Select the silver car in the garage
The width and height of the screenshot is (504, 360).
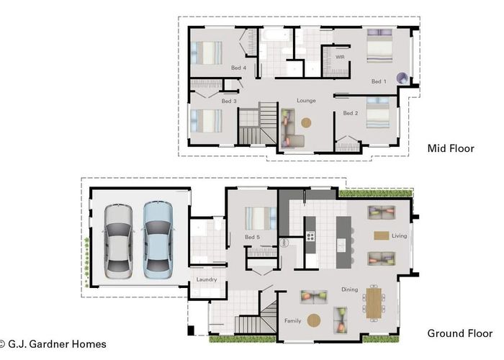point(119,240)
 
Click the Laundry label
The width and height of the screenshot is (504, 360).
point(207,279)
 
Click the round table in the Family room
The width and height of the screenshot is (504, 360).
point(315,320)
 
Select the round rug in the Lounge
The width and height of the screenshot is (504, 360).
point(307,122)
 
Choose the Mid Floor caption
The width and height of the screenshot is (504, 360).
point(451,148)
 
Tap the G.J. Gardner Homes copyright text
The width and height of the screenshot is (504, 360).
point(53,344)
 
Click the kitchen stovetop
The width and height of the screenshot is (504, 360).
point(311,237)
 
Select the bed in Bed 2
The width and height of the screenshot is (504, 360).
point(378,113)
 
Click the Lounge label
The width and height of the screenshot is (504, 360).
point(307,101)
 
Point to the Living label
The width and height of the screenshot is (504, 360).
point(400,235)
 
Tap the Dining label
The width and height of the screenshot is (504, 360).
point(349,289)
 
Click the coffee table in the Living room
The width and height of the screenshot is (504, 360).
point(381,235)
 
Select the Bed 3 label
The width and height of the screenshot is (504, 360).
point(229,102)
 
